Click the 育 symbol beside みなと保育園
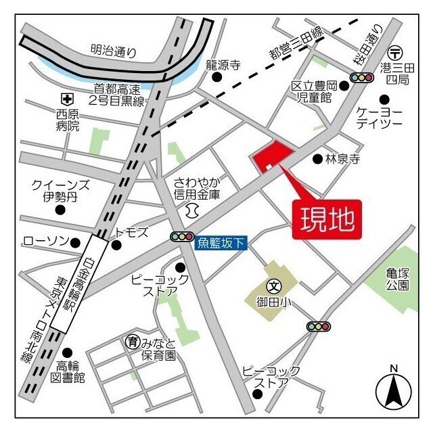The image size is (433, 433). point(132,342)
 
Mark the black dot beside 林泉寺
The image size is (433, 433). point(317,159)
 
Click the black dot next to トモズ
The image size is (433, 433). point(116,245)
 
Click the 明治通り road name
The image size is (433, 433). point(114,51)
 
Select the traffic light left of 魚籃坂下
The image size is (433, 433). point(181,237)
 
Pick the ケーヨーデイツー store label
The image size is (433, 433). point(384,117)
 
